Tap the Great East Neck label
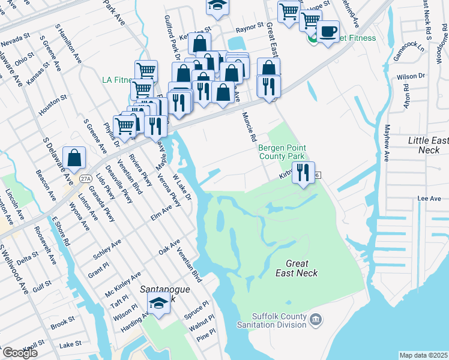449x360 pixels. pos(297,268)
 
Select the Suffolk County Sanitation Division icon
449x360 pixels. pos(317,320)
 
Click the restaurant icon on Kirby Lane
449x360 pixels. pos(303,172)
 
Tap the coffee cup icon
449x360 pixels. pos(328,31)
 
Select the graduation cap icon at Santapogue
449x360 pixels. pos(158,303)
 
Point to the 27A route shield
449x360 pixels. pos(86,178)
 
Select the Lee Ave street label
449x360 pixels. pos(429,199)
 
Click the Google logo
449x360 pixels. pos(19,352)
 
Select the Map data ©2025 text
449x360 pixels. pos(423,355)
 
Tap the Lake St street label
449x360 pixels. pos(71,344)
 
